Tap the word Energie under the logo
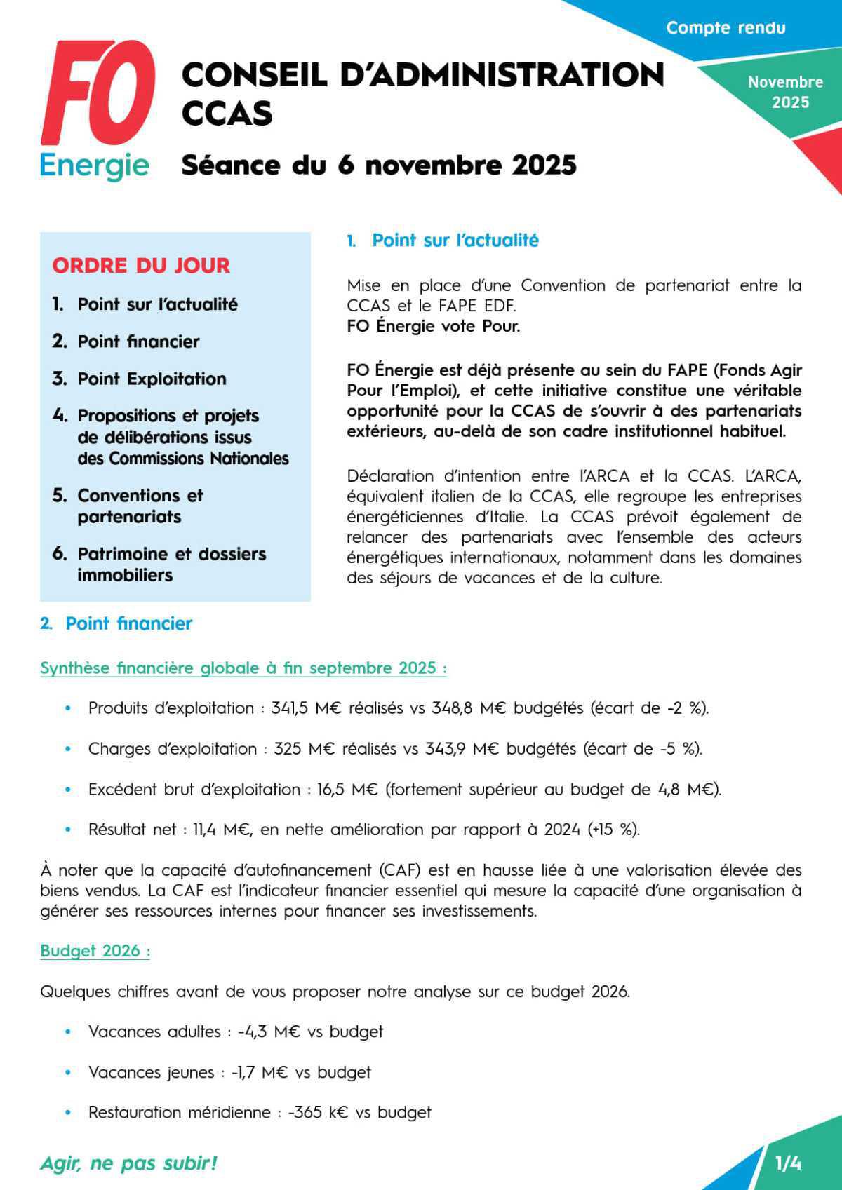coord(95,166)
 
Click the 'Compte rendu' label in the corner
coord(726,28)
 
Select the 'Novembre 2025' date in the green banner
coord(786,92)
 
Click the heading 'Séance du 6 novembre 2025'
coord(379,165)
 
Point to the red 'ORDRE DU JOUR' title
coord(141,266)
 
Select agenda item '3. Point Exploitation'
coord(140,379)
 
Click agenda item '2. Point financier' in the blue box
coord(126,342)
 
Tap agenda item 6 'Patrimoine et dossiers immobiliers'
coord(160,564)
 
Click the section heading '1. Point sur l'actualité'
coord(443,241)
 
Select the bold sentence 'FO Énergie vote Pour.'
coord(434,326)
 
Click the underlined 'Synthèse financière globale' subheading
coord(243,668)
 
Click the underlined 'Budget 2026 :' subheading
coord(95,951)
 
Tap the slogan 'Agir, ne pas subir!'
coord(129,1163)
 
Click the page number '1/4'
coord(788,1164)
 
